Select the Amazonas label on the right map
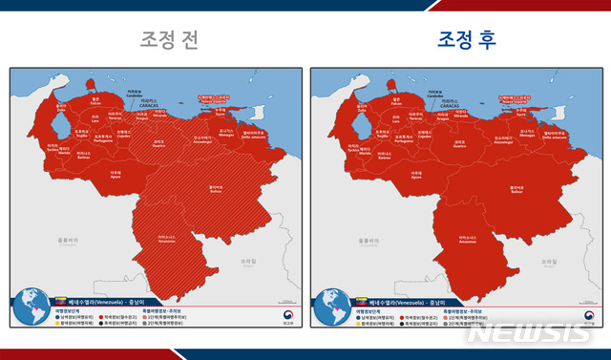coord(469,241)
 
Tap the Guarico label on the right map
coord(460,145)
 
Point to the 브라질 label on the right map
coord(546,261)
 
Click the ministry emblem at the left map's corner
coord(282,315)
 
